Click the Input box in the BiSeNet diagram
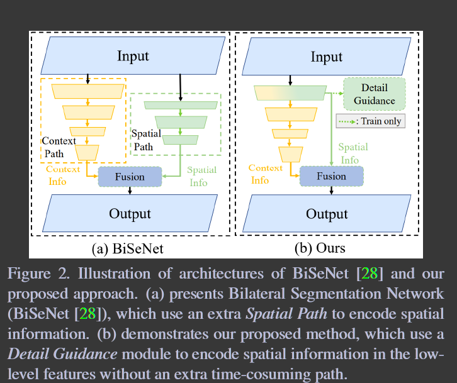coord(133,57)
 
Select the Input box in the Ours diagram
coord(327,57)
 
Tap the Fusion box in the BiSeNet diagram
coord(130,177)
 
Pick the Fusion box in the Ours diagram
coord(331,177)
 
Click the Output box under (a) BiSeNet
coord(130,214)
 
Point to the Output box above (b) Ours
coord(327,214)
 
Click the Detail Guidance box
coord(374,94)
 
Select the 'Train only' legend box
coord(374,121)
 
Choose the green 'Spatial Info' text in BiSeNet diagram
coord(202,176)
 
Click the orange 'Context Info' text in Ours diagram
coord(265,174)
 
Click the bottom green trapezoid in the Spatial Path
coord(181,140)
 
